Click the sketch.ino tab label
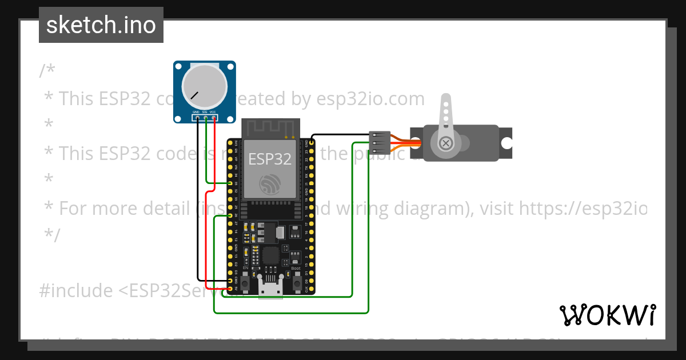pos(101,25)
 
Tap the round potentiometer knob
pos(204,86)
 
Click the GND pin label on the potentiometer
pos(196,111)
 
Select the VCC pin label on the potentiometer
pos(213,111)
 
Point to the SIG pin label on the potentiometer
pos(204,111)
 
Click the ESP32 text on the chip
pos(270,159)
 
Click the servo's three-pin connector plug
pos(380,142)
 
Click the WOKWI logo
pos(607,315)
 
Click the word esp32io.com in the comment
pos(370,99)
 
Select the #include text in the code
pos(76,291)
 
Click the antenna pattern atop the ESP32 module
pos(270,128)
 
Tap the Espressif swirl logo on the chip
pos(270,185)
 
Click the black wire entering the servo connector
pos(343,135)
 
